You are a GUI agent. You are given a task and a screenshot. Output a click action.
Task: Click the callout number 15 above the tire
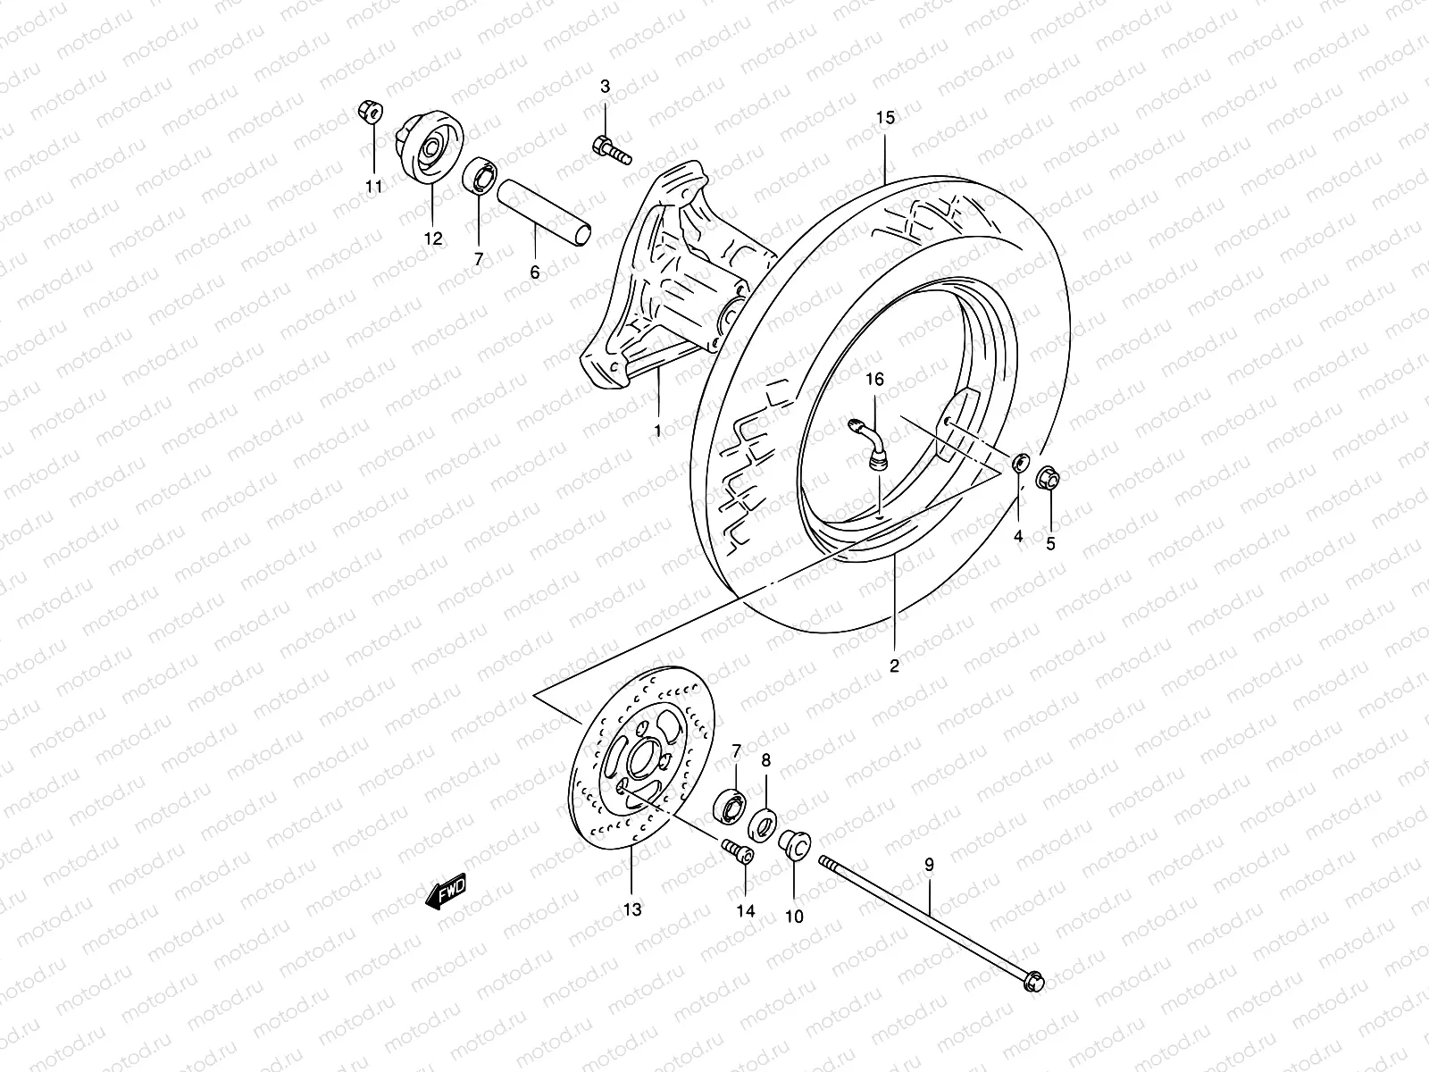884,118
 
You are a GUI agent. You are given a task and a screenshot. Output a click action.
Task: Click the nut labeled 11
367,111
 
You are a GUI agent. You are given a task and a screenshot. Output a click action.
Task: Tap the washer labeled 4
1018,464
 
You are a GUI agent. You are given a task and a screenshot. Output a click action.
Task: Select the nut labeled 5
1049,481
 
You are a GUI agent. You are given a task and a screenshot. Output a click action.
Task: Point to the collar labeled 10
792,843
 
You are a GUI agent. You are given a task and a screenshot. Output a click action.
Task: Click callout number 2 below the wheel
894,666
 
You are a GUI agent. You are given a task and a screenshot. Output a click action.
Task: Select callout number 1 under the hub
657,431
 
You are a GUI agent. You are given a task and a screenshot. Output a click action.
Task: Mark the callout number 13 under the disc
631,910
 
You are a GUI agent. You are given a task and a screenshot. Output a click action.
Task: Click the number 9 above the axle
929,864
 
